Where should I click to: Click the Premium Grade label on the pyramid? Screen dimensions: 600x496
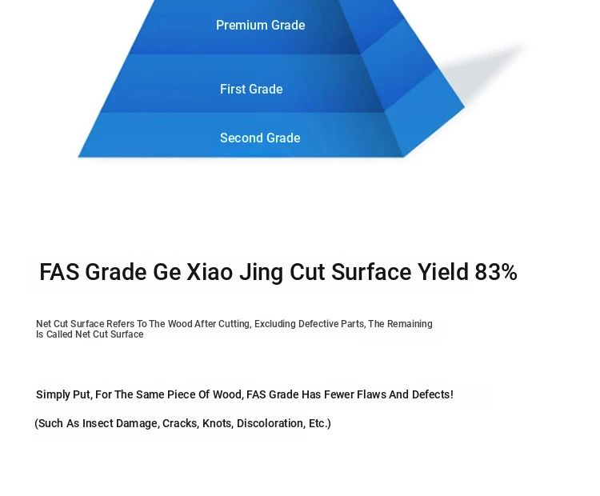click(260, 26)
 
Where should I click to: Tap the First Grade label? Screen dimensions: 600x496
click(251, 89)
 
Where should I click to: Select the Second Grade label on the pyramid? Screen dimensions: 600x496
click(260, 138)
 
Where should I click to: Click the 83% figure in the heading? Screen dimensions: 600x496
click(496, 272)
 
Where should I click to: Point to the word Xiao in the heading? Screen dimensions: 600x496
click(210, 272)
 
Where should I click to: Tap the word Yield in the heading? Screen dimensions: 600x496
click(442, 272)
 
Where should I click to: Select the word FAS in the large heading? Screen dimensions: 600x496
click(59, 272)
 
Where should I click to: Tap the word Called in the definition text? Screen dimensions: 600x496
click(59, 334)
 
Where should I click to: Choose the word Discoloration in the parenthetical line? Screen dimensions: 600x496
click(271, 424)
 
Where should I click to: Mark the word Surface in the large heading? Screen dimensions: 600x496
click(371, 272)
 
